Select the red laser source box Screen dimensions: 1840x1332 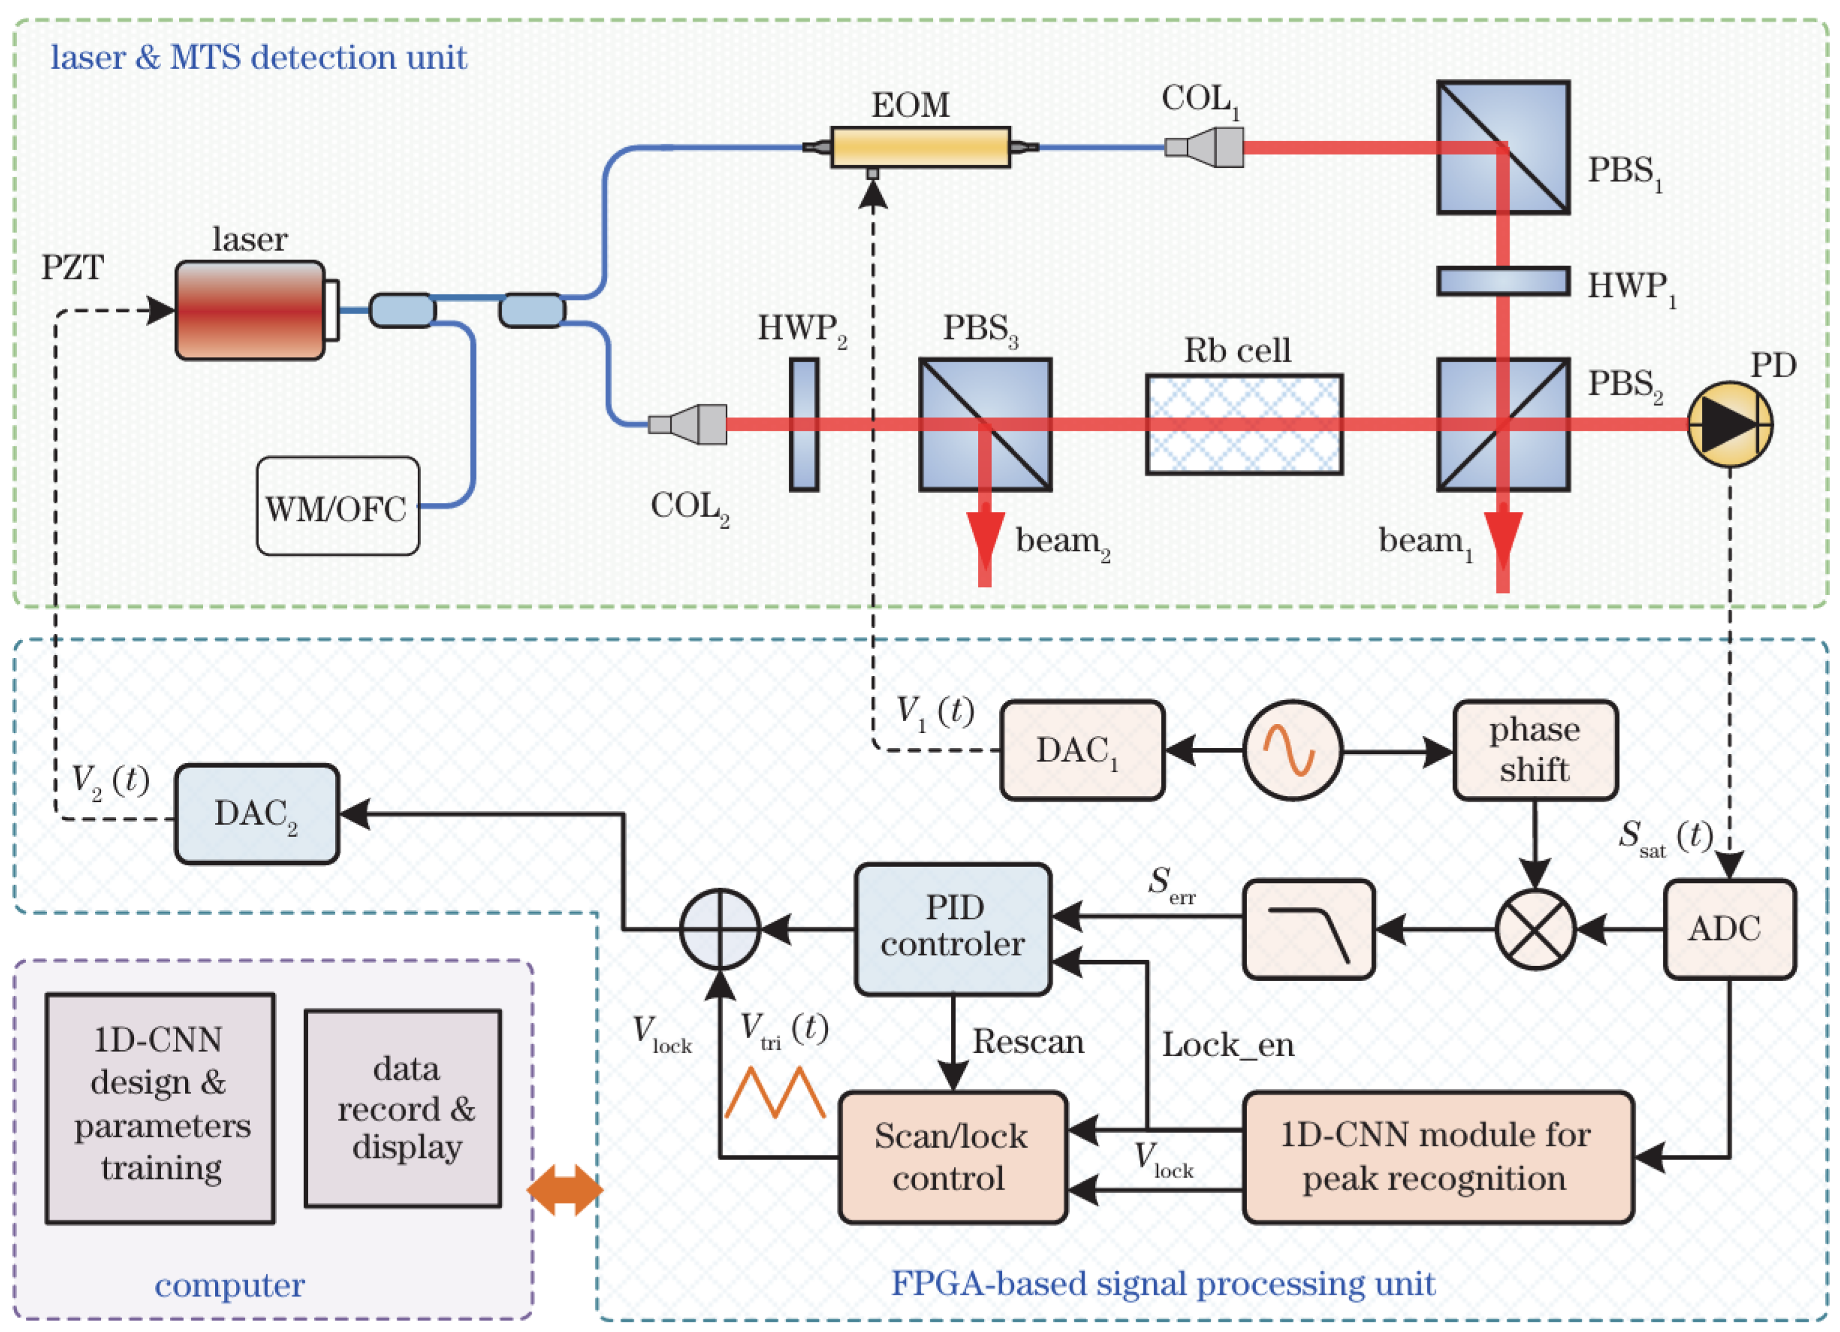pos(250,310)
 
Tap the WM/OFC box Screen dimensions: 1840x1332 pos(338,506)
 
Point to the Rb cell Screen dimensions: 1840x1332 pos(1243,424)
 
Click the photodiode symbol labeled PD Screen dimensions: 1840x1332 pos(1729,424)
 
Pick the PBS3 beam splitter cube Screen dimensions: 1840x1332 pos(985,424)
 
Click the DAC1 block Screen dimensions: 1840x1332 pos(1082,750)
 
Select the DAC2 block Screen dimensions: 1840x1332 pos(257,813)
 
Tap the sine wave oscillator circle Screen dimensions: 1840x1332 pos(1292,750)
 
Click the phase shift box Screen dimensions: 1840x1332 pos(1535,750)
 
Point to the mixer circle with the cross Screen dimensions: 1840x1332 pos(1535,929)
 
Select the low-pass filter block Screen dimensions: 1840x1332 pos(1308,929)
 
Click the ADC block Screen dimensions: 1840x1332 pos(1729,929)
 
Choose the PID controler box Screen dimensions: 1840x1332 pos(953,929)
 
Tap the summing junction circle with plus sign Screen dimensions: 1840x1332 pos(720,929)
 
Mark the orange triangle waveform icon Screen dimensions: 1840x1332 pos(775,1093)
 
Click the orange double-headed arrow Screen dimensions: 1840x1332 pos(565,1190)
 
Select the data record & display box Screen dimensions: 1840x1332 pos(403,1108)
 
